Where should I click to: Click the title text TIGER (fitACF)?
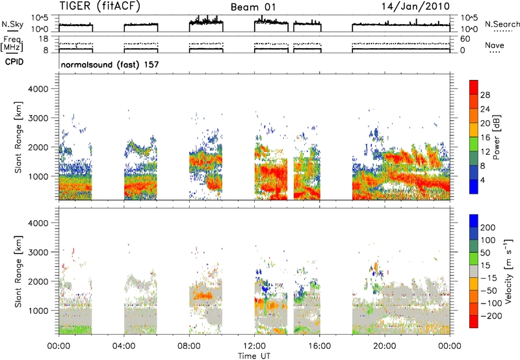click(100, 6)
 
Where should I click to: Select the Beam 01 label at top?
click(253, 7)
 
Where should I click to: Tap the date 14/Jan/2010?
click(415, 6)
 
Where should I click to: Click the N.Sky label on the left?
click(12, 24)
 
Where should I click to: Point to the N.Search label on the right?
click(502, 24)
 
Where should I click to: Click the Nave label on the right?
click(495, 45)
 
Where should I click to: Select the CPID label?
click(14, 62)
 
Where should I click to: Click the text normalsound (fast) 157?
click(110, 64)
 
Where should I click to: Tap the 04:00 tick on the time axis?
click(123, 346)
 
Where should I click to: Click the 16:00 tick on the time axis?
click(319, 346)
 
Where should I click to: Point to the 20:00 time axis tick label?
click(385, 346)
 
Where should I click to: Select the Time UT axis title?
click(254, 356)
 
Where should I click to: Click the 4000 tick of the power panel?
click(38, 89)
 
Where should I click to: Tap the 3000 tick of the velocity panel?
click(38, 252)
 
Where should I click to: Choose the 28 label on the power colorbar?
click(485, 95)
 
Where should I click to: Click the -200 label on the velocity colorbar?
click(491, 316)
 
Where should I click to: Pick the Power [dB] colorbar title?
click(497, 137)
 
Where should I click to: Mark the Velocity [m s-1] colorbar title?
click(509, 271)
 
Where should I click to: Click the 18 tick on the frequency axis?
click(44, 39)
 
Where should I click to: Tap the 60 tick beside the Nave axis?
click(465, 39)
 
